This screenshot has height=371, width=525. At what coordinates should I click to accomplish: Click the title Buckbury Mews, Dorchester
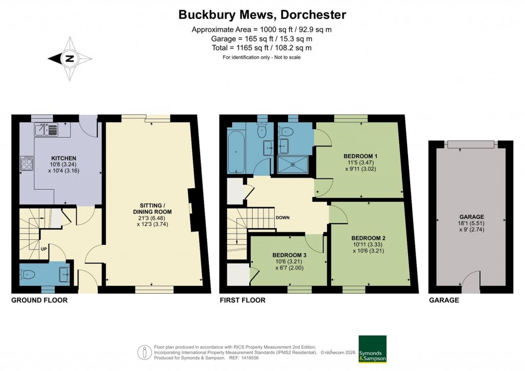coord(262,14)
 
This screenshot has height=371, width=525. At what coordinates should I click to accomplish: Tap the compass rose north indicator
coord(69,58)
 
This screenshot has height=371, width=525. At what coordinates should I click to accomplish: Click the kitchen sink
coord(47,130)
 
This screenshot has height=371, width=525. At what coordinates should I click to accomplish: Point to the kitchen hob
coord(27,163)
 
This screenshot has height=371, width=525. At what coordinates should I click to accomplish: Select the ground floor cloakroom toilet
coord(29,274)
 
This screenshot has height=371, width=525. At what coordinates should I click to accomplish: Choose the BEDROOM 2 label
coord(369,238)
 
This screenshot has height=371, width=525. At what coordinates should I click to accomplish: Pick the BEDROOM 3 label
coord(289,255)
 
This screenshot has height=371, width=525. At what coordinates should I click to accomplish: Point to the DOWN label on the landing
coord(283,218)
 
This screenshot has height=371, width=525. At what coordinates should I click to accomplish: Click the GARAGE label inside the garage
coord(471,217)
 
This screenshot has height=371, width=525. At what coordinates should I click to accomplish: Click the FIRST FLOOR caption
coord(242,300)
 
